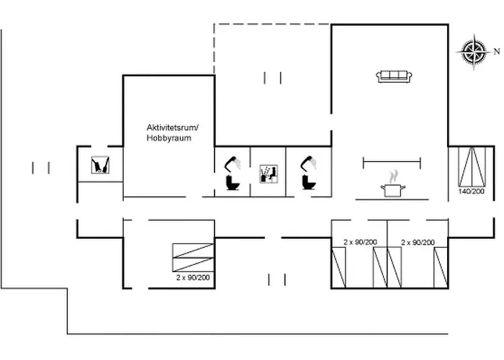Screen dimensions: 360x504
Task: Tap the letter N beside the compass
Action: pyautogui.click(x=495, y=52)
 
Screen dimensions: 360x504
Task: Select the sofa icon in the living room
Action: pyautogui.click(x=394, y=76)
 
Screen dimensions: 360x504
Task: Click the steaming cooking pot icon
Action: pyautogui.click(x=392, y=186)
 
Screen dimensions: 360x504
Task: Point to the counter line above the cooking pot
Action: pyautogui.click(x=391, y=161)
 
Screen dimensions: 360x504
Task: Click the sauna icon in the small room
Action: pyautogui.click(x=99, y=166)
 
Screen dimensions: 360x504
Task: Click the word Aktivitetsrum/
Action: pyautogui.click(x=171, y=127)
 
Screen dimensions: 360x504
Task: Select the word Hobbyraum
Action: pyautogui.click(x=168, y=138)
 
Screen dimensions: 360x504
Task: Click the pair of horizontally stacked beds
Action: pyautogui.click(x=193, y=257)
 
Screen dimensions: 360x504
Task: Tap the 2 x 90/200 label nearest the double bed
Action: pyautogui.click(x=418, y=243)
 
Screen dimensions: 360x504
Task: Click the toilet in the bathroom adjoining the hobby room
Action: pyautogui.click(x=233, y=183)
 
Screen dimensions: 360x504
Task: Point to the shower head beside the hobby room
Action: pyautogui.click(x=232, y=162)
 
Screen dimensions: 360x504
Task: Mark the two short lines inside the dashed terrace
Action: pyautogui.click(x=272, y=78)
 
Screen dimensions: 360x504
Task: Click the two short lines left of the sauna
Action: pyautogui.click(x=41, y=168)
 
